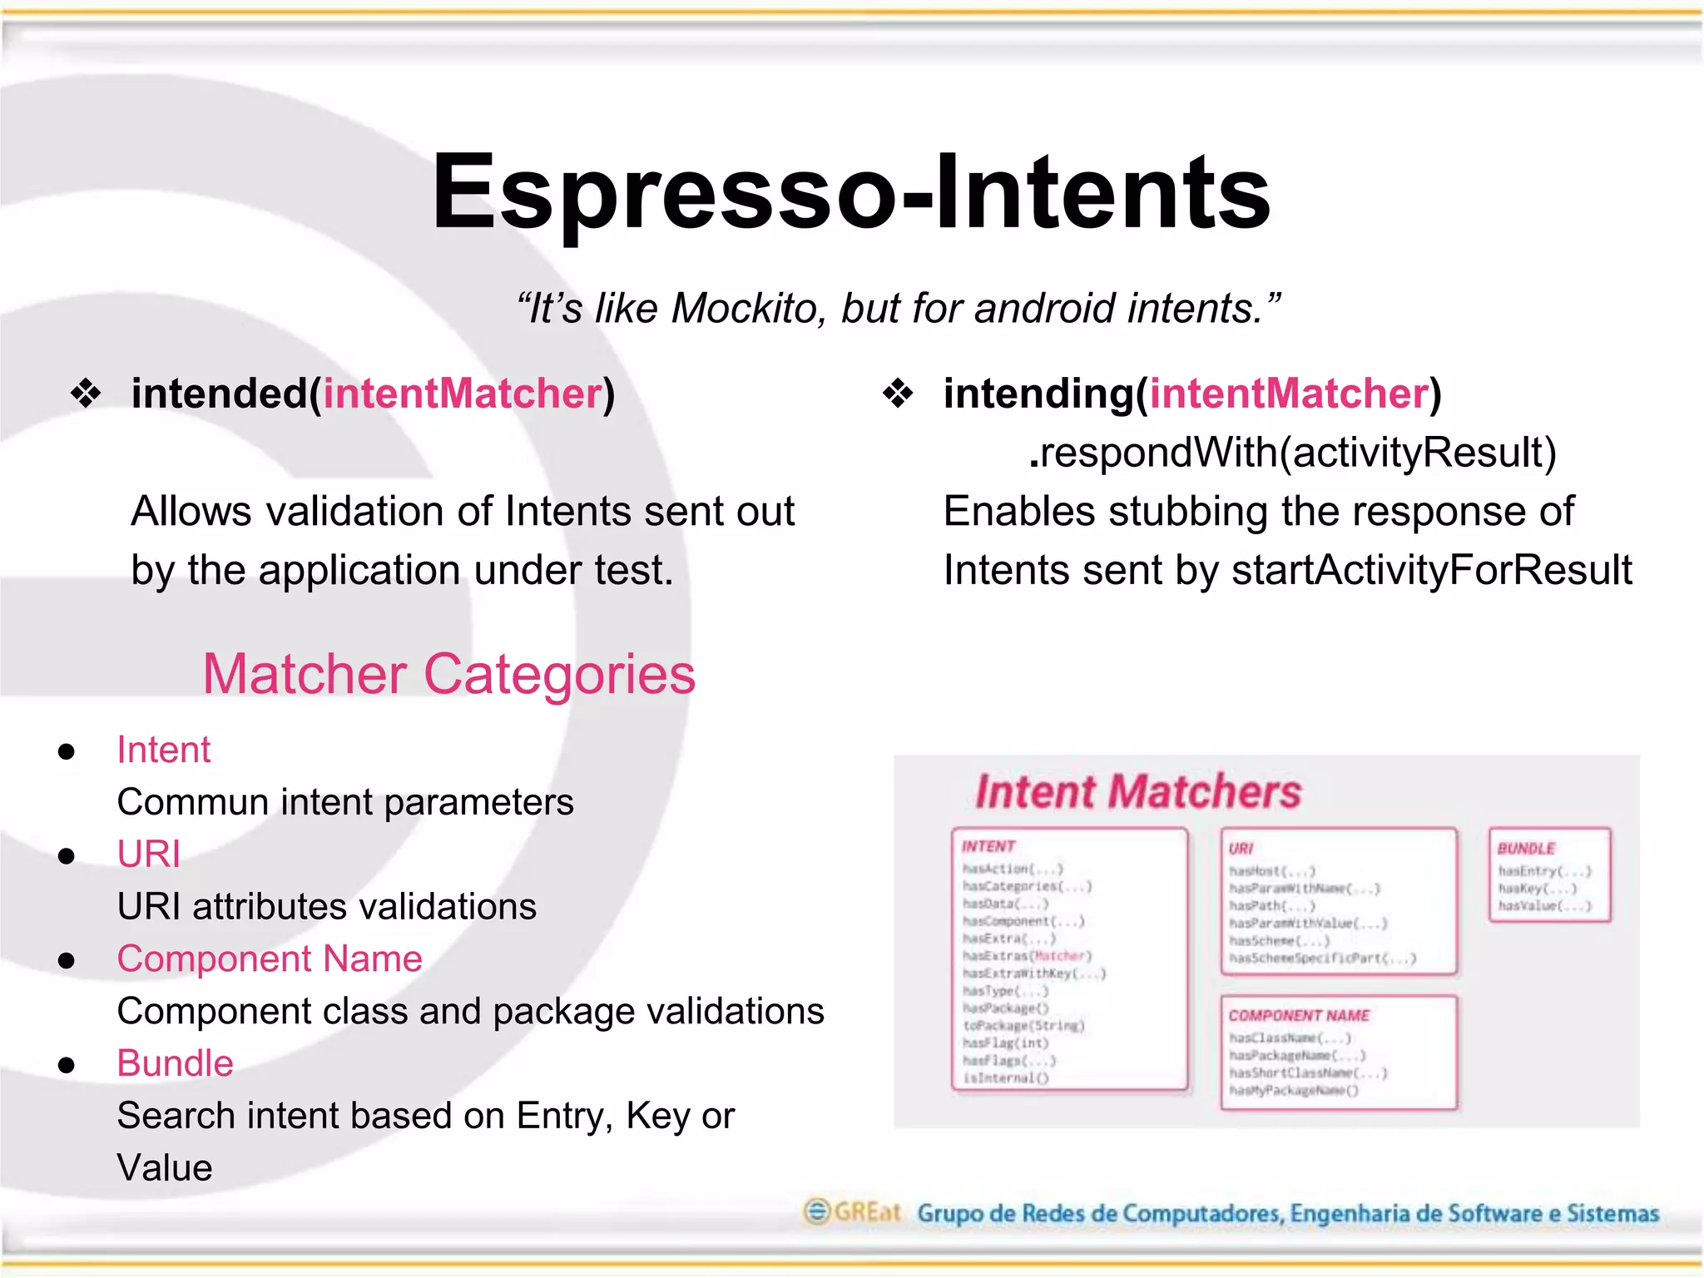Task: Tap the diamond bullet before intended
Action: (86, 394)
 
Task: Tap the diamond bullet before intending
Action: (898, 394)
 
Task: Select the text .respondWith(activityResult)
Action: (1291, 453)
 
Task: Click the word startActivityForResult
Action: (1431, 571)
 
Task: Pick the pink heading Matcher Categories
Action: (448, 673)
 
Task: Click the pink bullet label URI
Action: (148, 854)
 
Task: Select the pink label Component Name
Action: (270, 958)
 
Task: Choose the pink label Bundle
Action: (175, 1063)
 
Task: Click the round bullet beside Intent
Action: (67, 751)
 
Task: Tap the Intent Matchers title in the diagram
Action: (1137, 791)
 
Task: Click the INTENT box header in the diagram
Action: (988, 846)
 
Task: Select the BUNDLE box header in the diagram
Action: (1526, 849)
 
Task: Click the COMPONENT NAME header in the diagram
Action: (1299, 1015)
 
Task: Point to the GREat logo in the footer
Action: (851, 1211)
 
